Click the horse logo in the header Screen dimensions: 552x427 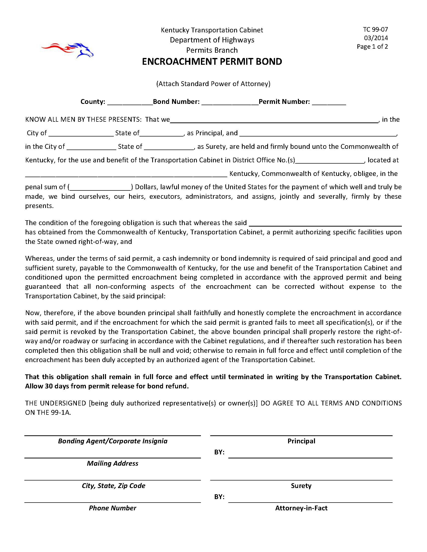(68, 50)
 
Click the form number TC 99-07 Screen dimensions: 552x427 (376, 30)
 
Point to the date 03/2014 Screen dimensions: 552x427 (376, 38)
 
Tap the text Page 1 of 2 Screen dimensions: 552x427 (372, 47)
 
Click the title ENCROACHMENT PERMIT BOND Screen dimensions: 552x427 (212, 62)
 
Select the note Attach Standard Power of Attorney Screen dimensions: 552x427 (213, 84)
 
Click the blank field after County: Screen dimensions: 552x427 (130, 102)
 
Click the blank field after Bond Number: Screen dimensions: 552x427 (230, 102)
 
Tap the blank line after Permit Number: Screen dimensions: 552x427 (329, 102)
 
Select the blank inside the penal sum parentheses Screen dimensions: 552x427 (100, 187)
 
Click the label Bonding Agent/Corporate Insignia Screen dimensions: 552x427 (113, 441)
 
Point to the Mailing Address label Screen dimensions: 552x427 (113, 463)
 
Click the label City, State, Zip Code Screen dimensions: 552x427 (113, 486)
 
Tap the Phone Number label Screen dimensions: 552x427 (113, 508)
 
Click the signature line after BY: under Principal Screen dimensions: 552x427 (310, 455)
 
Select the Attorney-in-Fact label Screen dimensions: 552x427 (301, 508)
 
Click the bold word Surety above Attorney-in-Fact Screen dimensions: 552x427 (301, 486)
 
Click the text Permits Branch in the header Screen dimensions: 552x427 (212, 50)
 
